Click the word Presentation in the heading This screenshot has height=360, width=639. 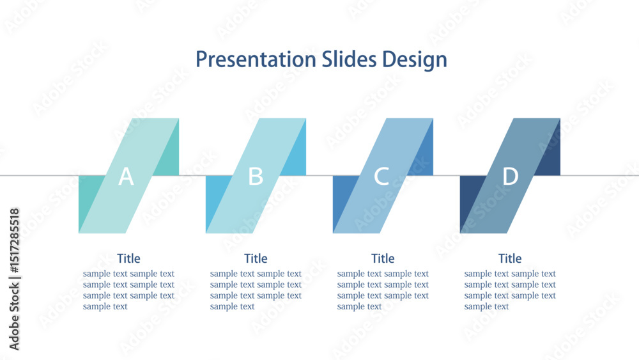pyautogui.click(x=256, y=59)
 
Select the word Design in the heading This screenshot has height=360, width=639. pyautogui.click(x=415, y=60)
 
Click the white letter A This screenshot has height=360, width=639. pyautogui.click(x=126, y=176)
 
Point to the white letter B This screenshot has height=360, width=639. pyautogui.click(x=256, y=176)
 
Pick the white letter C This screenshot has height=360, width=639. pyautogui.click(x=381, y=176)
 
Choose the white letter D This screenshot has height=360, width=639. pyautogui.click(x=510, y=176)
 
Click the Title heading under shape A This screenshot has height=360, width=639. pyautogui.click(x=129, y=258)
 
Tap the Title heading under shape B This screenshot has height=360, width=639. pyautogui.click(x=256, y=258)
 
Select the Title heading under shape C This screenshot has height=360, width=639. pyautogui.click(x=383, y=258)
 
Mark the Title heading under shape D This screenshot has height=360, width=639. pyautogui.click(x=510, y=258)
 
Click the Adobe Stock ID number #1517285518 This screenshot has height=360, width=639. pyautogui.click(x=14, y=240)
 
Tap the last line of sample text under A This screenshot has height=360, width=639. pyautogui.click(x=105, y=306)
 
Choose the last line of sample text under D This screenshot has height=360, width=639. pyautogui.click(x=486, y=306)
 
